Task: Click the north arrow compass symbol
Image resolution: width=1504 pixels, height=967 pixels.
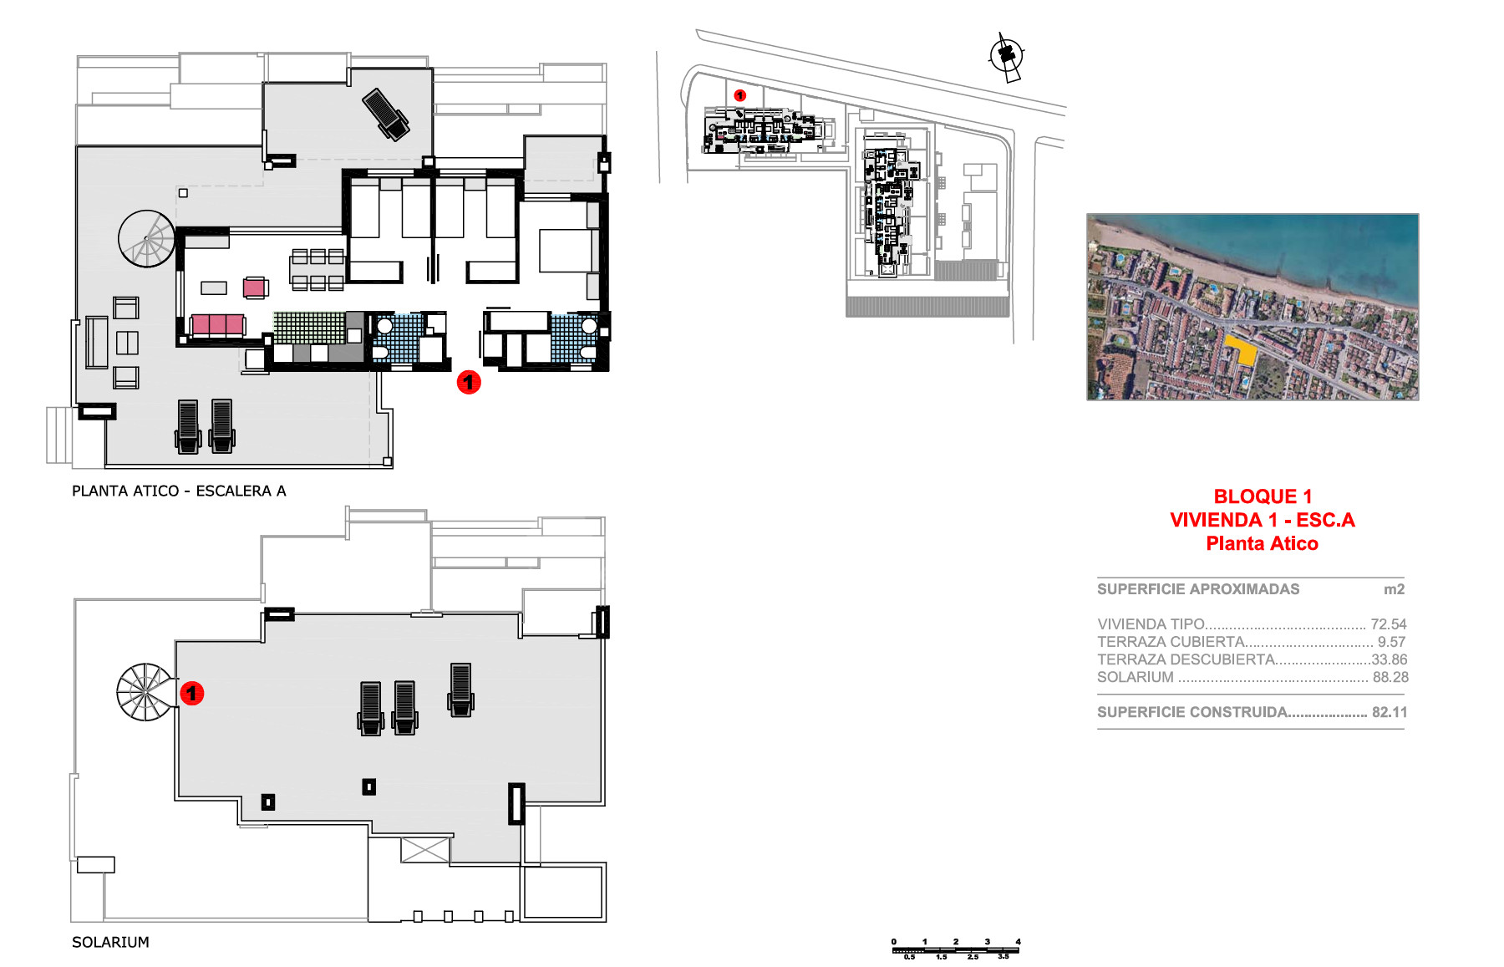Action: tap(1006, 57)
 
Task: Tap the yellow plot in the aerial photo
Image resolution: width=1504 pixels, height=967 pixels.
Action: tap(1242, 350)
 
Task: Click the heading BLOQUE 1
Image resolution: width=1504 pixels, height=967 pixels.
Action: tap(1263, 496)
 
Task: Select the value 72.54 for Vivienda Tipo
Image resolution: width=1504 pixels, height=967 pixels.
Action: tap(1389, 624)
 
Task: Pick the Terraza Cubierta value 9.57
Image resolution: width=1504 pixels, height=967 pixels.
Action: tap(1391, 642)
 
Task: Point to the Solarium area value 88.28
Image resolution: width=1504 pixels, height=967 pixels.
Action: tap(1390, 677)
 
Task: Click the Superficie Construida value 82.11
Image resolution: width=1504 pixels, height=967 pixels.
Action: tap(1390, 712)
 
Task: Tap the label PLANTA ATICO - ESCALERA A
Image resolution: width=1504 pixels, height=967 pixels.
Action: tap(179, 491)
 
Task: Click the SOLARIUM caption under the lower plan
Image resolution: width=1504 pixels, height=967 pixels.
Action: tap(110, 942)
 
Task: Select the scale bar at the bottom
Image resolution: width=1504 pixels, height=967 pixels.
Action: tap(957, 949)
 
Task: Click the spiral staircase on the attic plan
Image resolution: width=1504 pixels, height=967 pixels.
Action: tap(147, 238)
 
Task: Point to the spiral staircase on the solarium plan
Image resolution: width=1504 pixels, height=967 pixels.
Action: tap(147, 692)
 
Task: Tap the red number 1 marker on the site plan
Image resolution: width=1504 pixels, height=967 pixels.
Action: tap(739, 95)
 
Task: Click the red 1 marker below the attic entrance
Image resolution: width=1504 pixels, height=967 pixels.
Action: tap(469, 383)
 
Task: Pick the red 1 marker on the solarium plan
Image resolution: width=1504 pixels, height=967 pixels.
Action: tap(192, 693)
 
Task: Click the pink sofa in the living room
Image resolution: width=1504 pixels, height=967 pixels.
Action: tap(218, 325)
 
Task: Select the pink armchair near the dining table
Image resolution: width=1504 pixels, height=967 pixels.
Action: tap(256, 288)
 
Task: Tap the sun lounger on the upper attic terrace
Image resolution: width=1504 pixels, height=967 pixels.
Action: tap(386, 115)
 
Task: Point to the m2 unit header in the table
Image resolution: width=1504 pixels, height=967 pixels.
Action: tap(1394, 589)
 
